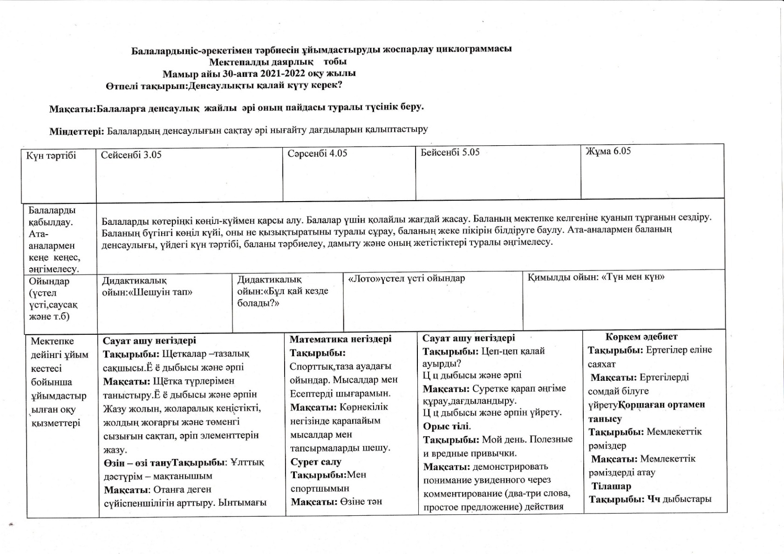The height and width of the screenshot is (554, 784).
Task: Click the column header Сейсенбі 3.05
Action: tap(131, 155)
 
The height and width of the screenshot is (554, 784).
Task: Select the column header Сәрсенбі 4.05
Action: tap(317, 154)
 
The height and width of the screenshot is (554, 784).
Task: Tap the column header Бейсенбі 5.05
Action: tap(450, 152)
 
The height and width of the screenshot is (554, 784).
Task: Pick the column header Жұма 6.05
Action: tap(608, 151)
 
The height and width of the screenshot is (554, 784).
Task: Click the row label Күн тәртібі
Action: tap(51, 155)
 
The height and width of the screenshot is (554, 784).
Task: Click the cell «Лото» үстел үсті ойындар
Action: tap(406, 278)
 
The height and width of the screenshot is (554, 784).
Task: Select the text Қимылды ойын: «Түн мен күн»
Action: tap(596, 277)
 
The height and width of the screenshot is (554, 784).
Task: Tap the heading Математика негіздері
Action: tap(341, 339)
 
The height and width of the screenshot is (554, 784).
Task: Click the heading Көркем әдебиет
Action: tap(641, 337)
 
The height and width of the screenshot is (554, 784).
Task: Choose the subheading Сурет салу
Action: tap(316, 462)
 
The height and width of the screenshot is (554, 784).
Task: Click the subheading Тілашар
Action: tap(611, 486)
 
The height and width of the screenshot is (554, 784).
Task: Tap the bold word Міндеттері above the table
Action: tap(76, 131)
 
